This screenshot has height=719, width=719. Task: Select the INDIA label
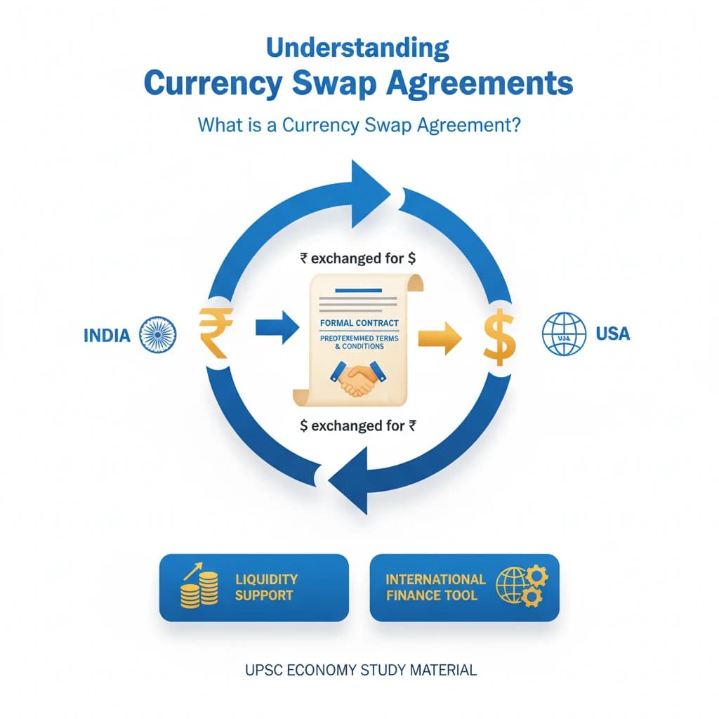[107, 334]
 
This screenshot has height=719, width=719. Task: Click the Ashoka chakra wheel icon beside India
[158, 333]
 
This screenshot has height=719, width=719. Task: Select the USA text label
[612, 333]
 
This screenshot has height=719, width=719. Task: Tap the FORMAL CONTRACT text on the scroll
[359, 323]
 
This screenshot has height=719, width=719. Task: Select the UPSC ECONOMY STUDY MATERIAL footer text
[361, 670]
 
